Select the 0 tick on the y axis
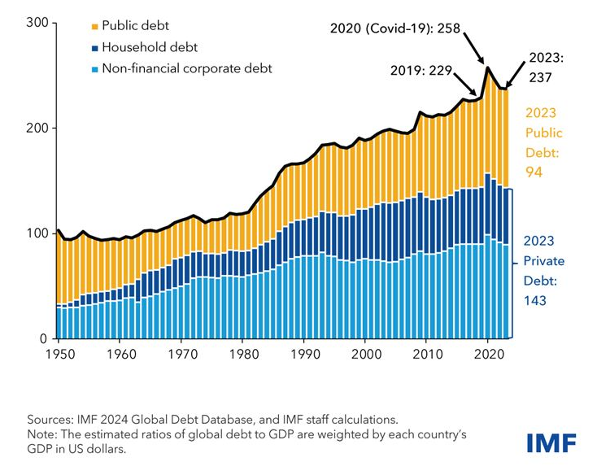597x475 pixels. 44,338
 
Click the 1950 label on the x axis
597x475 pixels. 59,355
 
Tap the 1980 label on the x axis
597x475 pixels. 242,355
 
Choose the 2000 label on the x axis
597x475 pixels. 364,355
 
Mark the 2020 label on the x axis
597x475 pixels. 486,355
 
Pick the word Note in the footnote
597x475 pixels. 41,435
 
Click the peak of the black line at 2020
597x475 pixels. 487,68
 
